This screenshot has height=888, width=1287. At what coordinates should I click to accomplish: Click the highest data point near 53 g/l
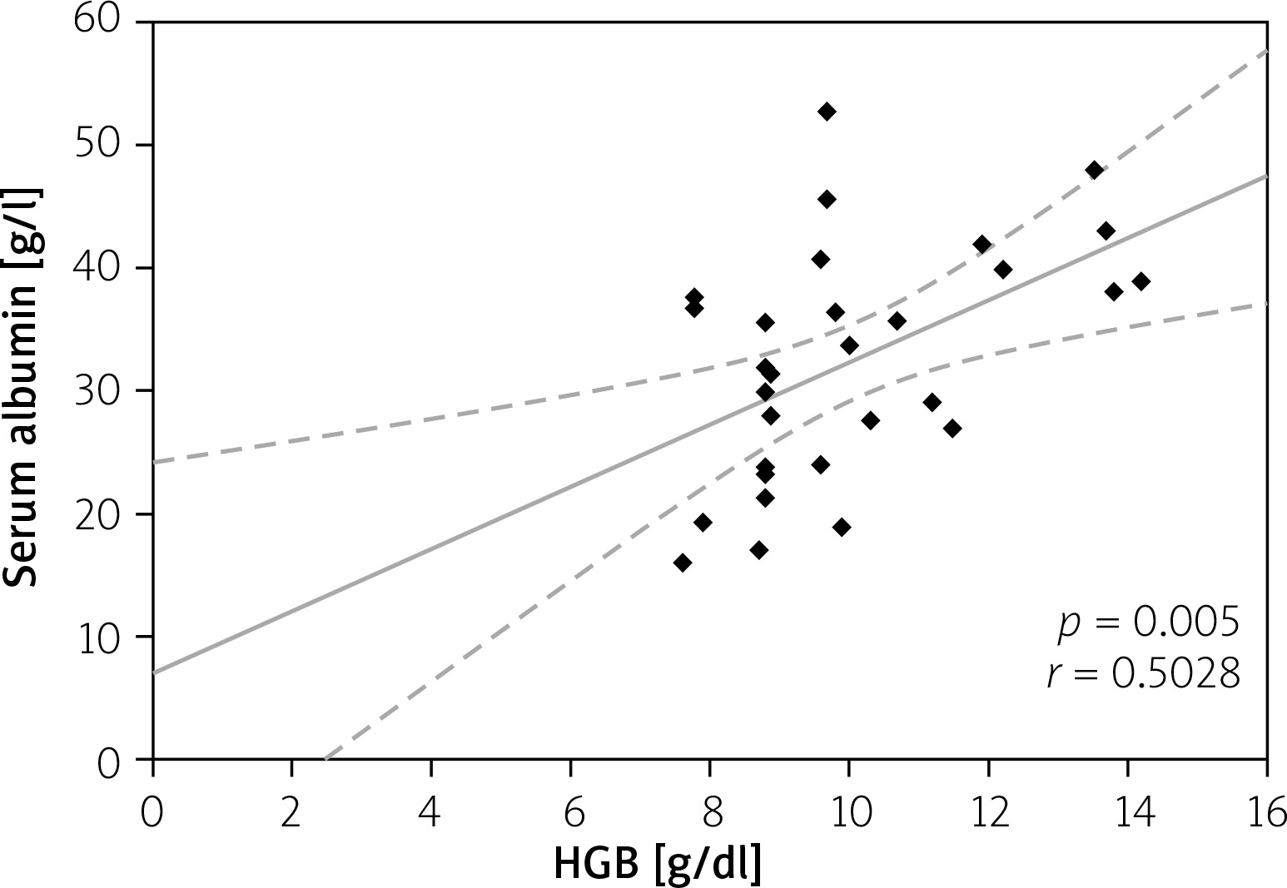pos(827,112)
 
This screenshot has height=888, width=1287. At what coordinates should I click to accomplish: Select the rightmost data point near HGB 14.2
pos(1141,281)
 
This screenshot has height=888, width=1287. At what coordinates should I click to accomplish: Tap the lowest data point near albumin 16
pos(683,563)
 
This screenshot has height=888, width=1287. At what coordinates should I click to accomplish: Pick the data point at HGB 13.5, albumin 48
pos(1095,170)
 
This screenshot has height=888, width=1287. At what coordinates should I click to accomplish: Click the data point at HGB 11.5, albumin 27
pos(953,429)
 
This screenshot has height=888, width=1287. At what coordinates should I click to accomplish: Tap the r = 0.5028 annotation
pos(1144,675)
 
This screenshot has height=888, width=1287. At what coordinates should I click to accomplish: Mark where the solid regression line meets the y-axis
pos(154,672)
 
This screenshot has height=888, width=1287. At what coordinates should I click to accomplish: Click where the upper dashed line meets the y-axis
pos(154,462)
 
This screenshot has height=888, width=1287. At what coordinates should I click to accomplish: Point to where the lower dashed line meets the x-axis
pos(325,759)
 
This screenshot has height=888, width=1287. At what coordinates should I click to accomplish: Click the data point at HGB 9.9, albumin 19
pos(842,527)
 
